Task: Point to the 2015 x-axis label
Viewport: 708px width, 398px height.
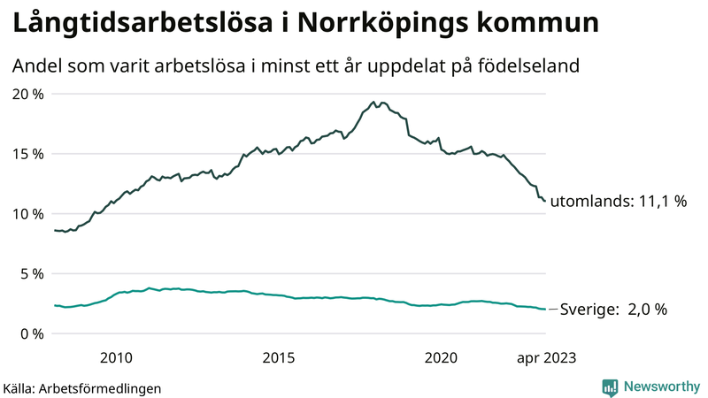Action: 279,357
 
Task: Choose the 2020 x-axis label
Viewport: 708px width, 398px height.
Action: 442,357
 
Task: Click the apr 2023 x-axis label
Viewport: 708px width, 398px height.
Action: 547,357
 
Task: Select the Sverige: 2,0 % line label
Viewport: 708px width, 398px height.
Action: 609,310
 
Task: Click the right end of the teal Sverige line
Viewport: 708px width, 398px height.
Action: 544,309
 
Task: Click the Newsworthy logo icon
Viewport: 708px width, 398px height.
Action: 610,387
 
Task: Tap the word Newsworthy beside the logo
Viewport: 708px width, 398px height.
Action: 660,387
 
